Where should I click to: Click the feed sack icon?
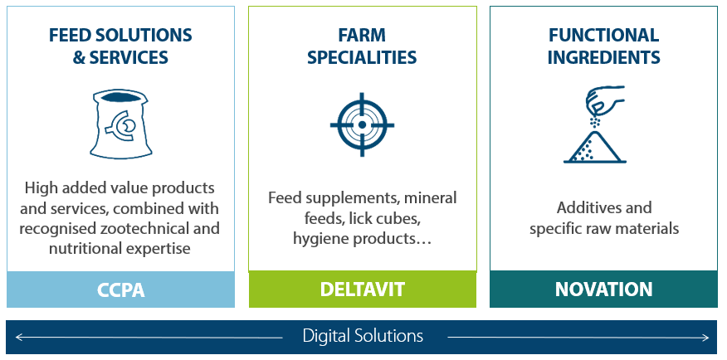(119, 124)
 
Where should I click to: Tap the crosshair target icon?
(362, 124)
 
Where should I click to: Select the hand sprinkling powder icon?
(595, 124)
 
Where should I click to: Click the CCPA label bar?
(120, 289)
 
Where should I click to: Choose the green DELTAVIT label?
(362, 289)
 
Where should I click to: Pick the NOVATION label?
(603, 289)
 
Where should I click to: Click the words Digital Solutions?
(363, 335)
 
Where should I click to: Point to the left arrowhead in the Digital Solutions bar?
(18, 338)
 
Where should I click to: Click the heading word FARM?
(362, 35)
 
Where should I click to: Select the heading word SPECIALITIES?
(362, 57)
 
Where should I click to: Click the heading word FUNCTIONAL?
(603, 35)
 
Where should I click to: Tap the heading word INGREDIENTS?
(603, 57)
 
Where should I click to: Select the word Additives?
(583, 207)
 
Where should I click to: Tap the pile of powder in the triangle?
(595, 147)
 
